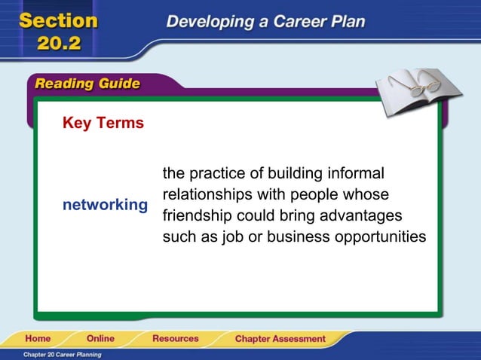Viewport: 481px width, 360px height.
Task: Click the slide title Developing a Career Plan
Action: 265,21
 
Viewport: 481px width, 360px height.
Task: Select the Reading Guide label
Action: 87,84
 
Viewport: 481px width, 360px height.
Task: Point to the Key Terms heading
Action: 103,123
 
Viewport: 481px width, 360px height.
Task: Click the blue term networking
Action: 105,205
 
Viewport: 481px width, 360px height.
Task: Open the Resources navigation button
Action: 175,338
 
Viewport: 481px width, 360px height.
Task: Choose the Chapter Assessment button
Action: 280,339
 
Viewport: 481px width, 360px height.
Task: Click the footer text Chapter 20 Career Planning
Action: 62,354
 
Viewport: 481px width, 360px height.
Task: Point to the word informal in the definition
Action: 357,173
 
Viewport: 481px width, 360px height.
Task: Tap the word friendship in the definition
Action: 199,216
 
